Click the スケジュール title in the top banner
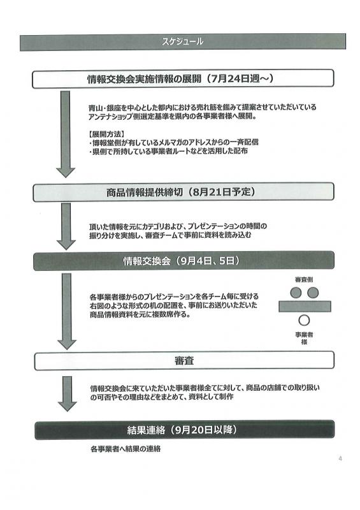tap(182, 41)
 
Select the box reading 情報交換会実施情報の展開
tap(183, 78)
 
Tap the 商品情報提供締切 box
tap(184, 192)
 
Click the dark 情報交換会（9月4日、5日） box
tap(184, 261)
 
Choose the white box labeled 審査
tap(184, 360)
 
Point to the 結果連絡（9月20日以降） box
tap(184, 430)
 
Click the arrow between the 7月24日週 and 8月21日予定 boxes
tap(66, 134)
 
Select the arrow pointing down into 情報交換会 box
tap(66, 226)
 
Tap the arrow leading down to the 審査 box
tap(67, 311)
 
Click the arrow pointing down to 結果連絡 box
tap(68, 394)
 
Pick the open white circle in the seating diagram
tap(304, 321)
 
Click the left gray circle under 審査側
tap(296, 293)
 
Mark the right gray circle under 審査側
tap(313, 293)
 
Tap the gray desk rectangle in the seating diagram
tap(305, 307)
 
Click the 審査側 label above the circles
tap(304, 279)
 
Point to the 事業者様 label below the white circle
tap(304, 338)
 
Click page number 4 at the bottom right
tap(340, 458)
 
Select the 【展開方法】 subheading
tap(106, 134)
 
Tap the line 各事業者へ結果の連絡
tap(126, 449)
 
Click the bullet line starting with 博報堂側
tap(174, 142)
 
